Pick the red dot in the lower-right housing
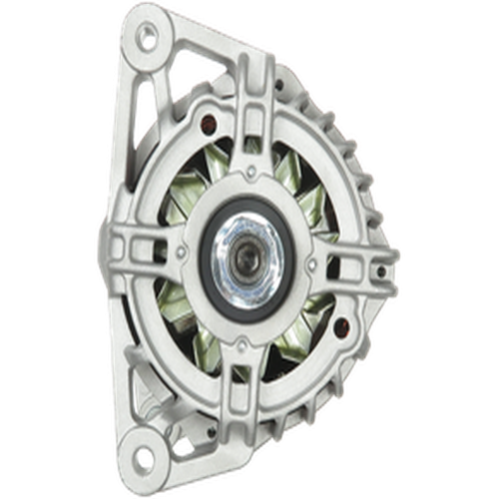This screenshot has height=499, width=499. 337,325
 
